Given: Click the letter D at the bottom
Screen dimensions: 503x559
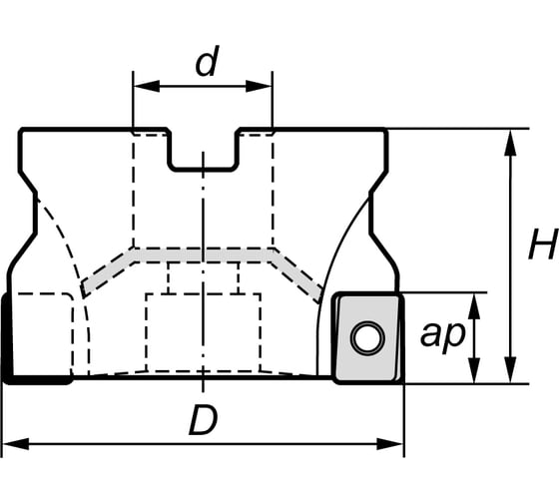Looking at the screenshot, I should [x=203, y=422].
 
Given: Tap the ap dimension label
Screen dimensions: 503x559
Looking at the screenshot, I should [x=441, y=336].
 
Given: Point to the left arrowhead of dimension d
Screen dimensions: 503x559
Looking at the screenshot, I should [x=140, y=87].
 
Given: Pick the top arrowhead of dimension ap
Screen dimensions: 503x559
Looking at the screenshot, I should [x=473, y=300].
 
